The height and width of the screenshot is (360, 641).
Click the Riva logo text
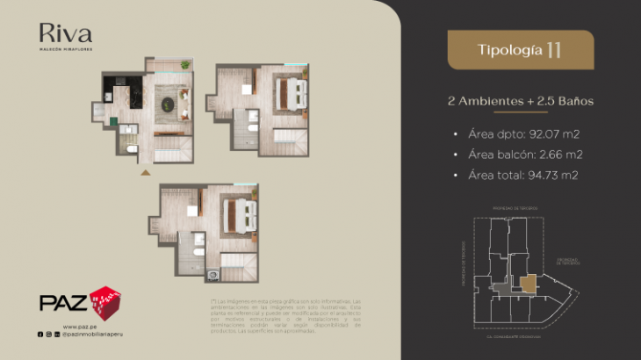[65, 33]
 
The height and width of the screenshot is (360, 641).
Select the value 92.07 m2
[549, 134]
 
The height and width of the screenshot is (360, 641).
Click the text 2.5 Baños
[562, 101]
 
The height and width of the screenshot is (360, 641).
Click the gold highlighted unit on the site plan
[529, 283]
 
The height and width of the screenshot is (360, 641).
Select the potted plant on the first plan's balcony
[185, 65]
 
